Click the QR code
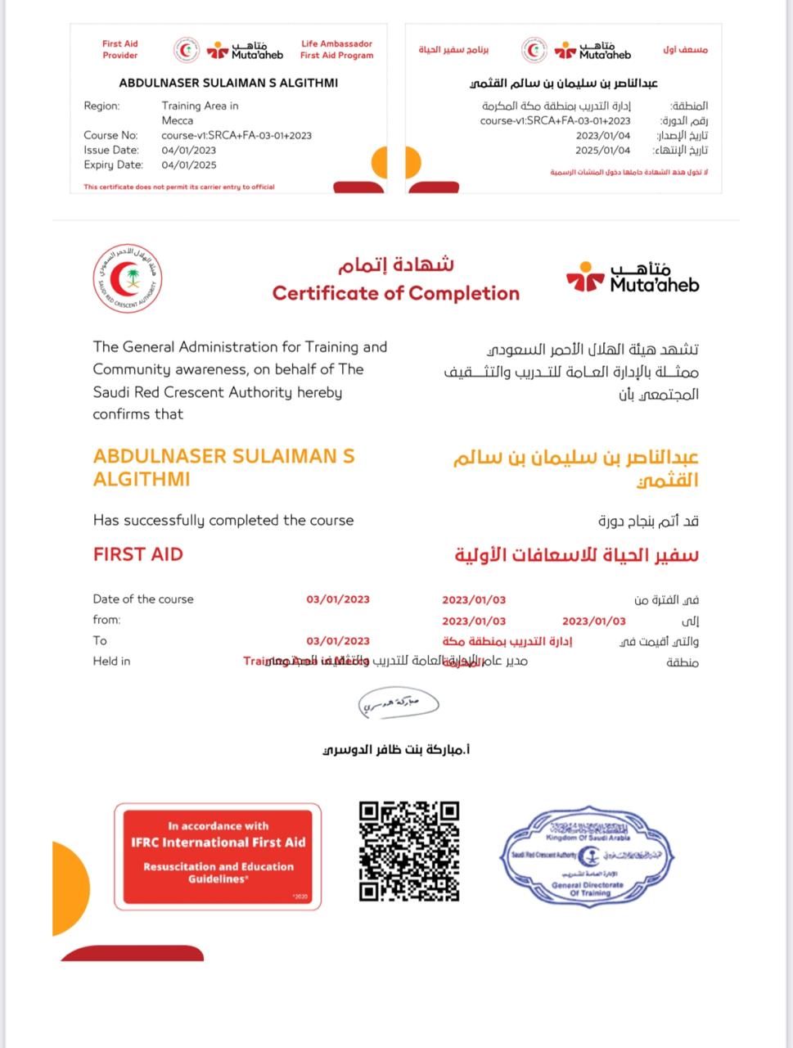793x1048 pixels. [x=409, y=851]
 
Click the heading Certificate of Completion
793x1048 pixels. [x=396, y=293]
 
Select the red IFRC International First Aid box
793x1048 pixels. [x=218, y=856]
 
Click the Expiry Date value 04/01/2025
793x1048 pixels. [x=189, y=165]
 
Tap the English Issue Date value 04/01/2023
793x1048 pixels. [x=189, y=150]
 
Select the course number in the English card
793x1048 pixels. [x=237, y=135]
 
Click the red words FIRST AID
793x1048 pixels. [x=138, y=554]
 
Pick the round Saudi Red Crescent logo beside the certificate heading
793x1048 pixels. [x=126, y=279]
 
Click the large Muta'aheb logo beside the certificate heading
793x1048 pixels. [x=633, y=278]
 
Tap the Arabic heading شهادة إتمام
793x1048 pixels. [x=396, y=265]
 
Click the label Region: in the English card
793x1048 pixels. [x=101, y=106]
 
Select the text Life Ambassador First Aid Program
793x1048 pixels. [x=336, y=50]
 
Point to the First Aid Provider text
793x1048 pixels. [x=120, y=50]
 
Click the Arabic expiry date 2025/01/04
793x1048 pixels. [x=603, y=151]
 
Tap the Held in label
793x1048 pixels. [x=111, y=661]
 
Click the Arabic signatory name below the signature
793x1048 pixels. [x=398, y=748]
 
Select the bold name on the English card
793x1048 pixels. [x=228, y=83]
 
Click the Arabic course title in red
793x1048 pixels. [x=577, y=555]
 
